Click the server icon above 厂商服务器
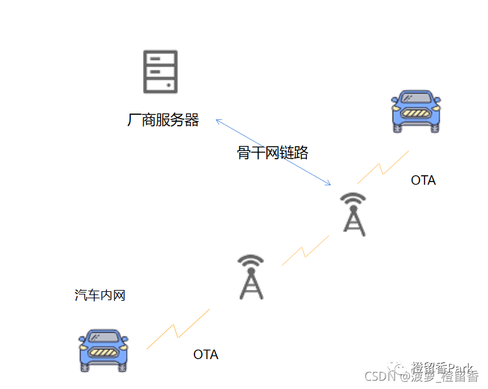click(160, 72)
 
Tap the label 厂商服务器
click(163, 120)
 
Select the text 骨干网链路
click(273, 153)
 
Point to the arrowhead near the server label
click(218, 121)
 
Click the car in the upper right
click(416, 112)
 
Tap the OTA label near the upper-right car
click(423, 180)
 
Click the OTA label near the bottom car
click(206, 355)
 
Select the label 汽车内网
click(100, 295)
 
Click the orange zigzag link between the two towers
click(306, 250)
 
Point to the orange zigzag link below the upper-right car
click(383, 167)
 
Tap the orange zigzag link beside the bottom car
click(177, 329)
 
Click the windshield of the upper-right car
click(416, 98)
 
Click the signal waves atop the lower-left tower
click(251, 261)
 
